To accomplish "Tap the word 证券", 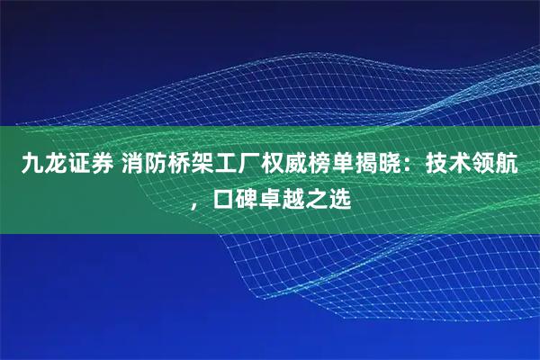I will point(88,164).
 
